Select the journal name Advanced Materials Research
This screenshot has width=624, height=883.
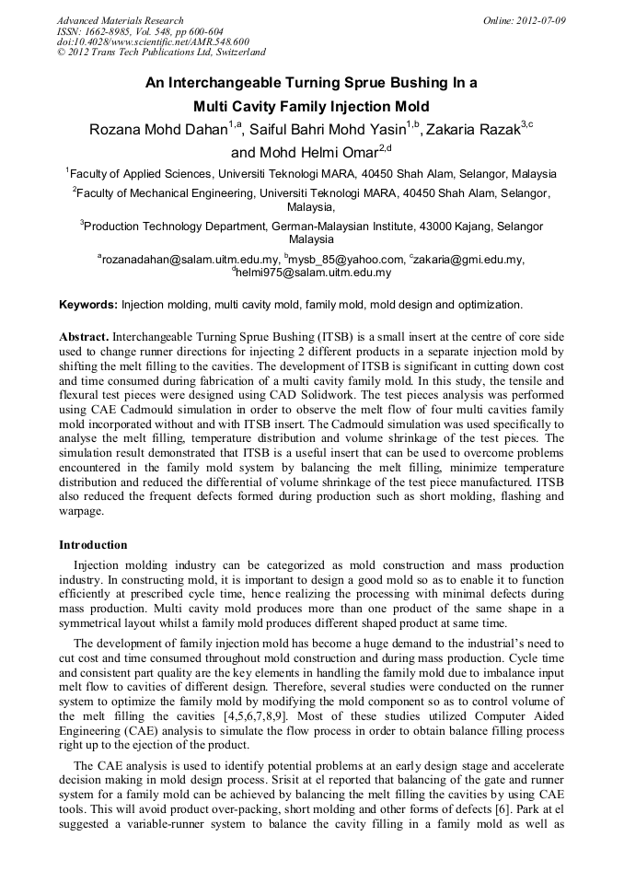120,20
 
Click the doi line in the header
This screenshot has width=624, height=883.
153,41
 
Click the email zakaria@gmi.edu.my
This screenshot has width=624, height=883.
469,260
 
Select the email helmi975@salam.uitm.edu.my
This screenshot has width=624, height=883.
314,273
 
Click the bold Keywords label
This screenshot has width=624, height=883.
88,304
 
